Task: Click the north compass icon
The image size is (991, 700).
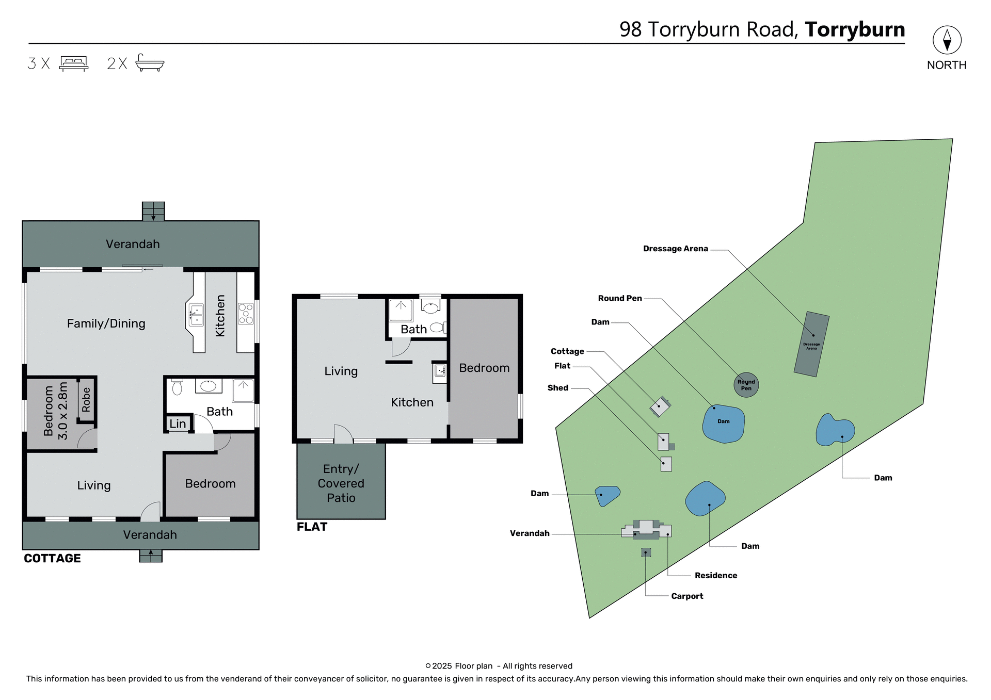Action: [947, 40]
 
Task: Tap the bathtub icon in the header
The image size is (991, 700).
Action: [150, 63]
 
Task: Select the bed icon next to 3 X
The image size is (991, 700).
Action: [74, 63]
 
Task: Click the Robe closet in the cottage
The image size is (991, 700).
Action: [86, 400]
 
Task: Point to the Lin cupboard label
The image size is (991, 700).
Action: [178, 424]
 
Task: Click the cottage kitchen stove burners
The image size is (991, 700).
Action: [246, 314]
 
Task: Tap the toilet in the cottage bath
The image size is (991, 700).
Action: [177, 387]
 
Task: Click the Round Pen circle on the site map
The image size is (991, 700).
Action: [746, 385]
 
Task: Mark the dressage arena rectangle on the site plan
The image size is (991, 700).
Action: [811, 344]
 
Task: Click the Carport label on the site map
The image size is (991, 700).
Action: [687, 596]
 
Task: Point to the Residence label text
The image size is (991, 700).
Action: [715, 576]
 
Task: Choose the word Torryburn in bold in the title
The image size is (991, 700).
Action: [855, 29]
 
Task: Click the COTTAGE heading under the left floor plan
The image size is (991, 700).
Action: [52, 559]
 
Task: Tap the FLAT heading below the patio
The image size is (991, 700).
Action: [312, 527]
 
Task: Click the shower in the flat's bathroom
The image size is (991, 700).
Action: [401, 310]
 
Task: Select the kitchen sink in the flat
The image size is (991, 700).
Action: [440, 371]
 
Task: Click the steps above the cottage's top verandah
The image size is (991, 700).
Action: [153, 211]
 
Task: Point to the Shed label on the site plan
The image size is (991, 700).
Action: [557, 388]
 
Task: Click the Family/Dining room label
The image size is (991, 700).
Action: [106, 323]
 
